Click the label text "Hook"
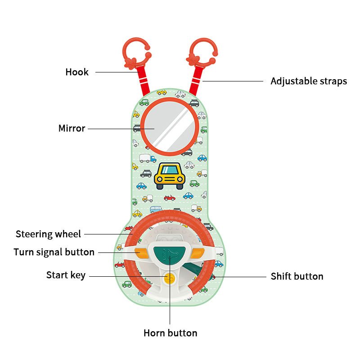point(77,72)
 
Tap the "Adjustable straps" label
point(308,81)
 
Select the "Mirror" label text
point(72,129)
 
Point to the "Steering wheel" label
point(48,234)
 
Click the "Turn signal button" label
point(54,252)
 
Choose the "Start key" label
point(66,275)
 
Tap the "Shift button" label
point(297,276)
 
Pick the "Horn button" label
point(170,333)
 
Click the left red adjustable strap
point(142,81)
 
